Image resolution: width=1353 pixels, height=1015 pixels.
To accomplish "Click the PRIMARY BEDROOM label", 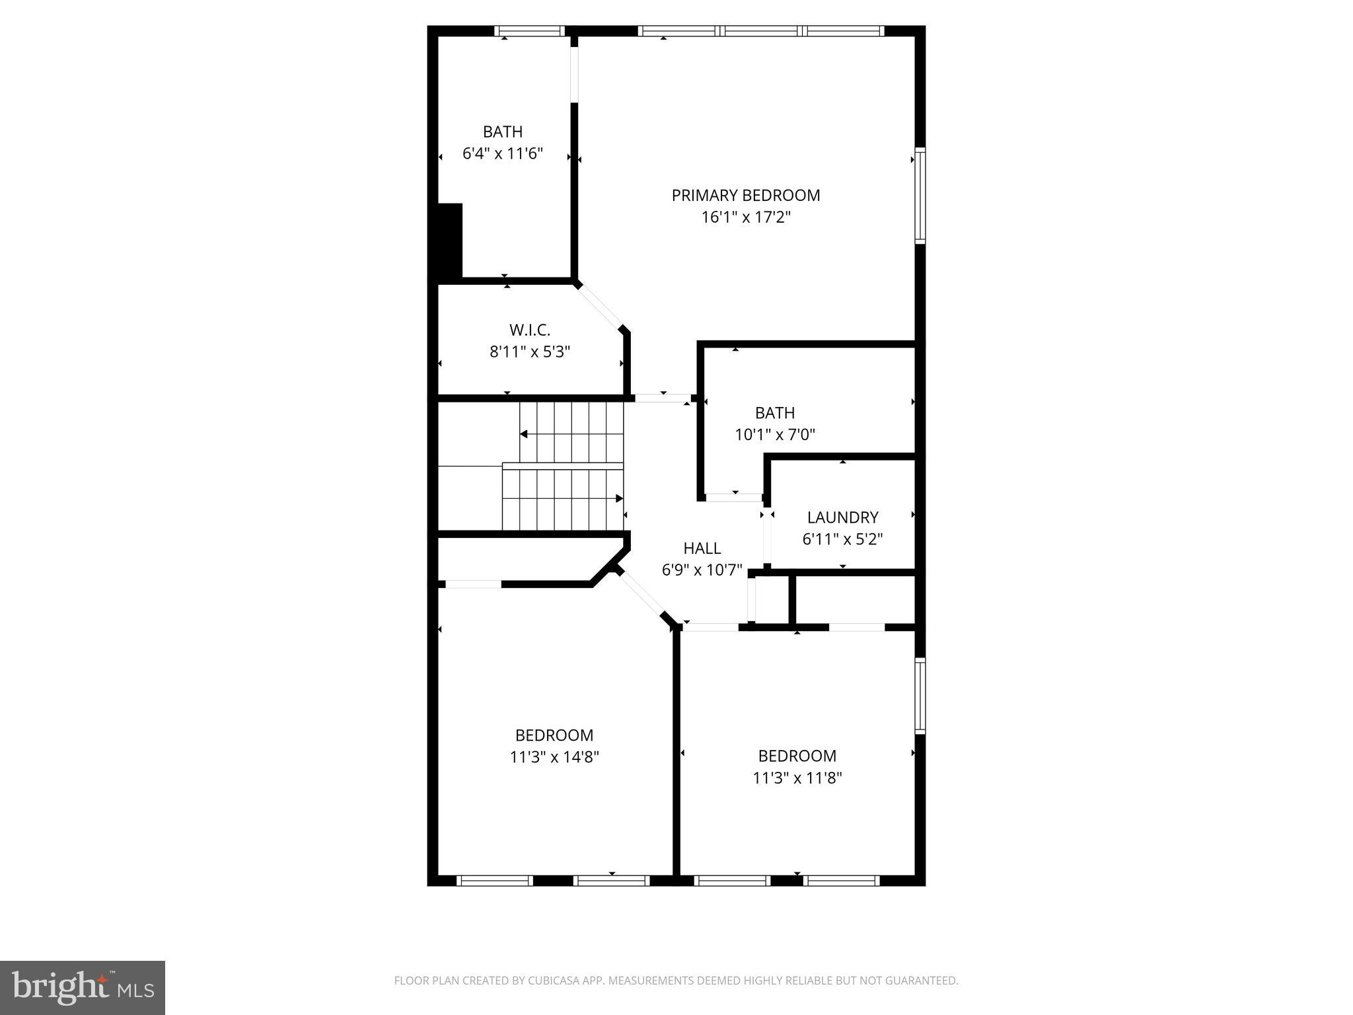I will [x=745, y=196].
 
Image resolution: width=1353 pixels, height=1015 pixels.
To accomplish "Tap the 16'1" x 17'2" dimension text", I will [x=745, y=217].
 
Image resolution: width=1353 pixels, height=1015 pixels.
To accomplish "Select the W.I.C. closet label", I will [x=529, y=330].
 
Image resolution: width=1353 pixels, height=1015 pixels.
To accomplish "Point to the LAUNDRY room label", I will [x=842, y=517].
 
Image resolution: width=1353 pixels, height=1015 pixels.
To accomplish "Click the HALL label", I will [x=702, y=548].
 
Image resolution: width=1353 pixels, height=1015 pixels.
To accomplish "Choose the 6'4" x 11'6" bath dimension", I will [x=502, y=154].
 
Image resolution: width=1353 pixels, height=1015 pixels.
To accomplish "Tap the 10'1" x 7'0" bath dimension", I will [x=774, y=435].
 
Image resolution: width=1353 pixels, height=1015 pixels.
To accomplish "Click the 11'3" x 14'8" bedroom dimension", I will [x=554, y=757].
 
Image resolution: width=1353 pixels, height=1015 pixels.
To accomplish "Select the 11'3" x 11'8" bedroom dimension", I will [x=797, y=778].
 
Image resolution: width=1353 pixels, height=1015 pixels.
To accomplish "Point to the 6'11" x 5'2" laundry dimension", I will [x=842, y=539].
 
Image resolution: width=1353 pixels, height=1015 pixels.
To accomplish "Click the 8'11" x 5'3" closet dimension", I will [x=529, y=352].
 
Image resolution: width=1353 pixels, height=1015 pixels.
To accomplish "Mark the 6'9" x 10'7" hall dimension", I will [x=702, y=570].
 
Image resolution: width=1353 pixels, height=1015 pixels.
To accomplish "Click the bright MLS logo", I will [x=83, y=987].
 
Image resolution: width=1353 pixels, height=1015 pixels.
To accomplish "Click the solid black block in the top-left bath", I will [x=450, y=241].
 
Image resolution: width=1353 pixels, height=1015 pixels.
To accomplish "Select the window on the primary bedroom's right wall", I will [x=920, y=196].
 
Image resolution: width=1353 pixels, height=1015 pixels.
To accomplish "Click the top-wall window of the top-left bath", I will [x=529, y=30].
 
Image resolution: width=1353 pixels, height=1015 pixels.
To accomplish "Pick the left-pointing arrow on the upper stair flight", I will [x=524, y=434].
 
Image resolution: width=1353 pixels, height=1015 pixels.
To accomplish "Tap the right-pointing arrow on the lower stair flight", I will [x=619, y=498].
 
